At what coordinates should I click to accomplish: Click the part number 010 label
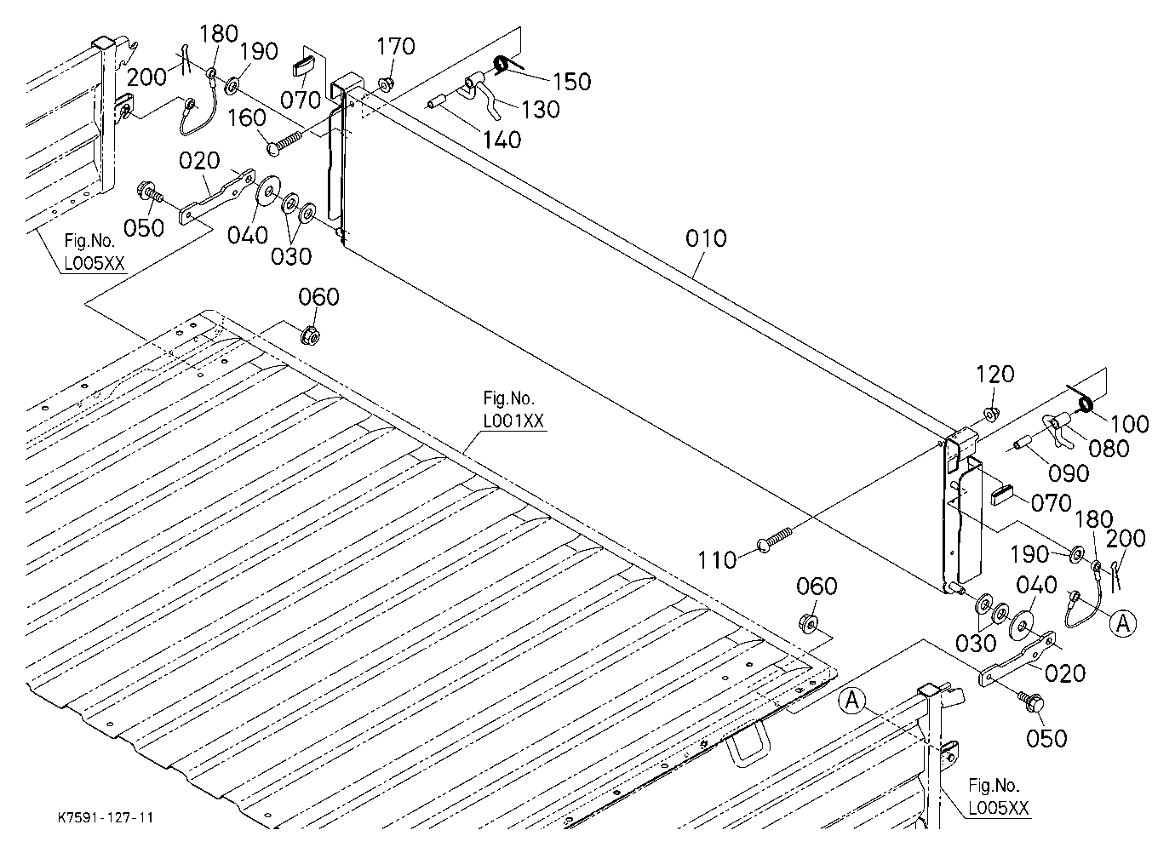tap(706, 238)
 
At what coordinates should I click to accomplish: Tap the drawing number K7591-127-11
tap(106, 817)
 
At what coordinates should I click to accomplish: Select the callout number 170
tap(396, 47)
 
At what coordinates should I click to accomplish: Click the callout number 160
tap(247, 117)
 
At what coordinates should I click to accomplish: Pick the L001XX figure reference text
tap(513, 421)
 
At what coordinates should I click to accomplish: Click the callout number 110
tap(717, 560)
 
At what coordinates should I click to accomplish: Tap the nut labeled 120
tap(990, 415)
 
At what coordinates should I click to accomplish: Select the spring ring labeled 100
tap(1085, 404)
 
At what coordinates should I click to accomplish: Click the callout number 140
tap(502, 140)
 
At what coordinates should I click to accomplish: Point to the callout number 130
tap(541, 110)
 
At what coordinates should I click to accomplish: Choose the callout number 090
tap(1069, 473)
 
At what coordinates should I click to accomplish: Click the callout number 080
tap(1109, 449)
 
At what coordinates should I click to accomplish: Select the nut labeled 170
tap(387, 83)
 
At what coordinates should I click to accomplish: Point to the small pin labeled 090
tap(1023, 442)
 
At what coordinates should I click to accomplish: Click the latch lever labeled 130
tap(480, 94)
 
